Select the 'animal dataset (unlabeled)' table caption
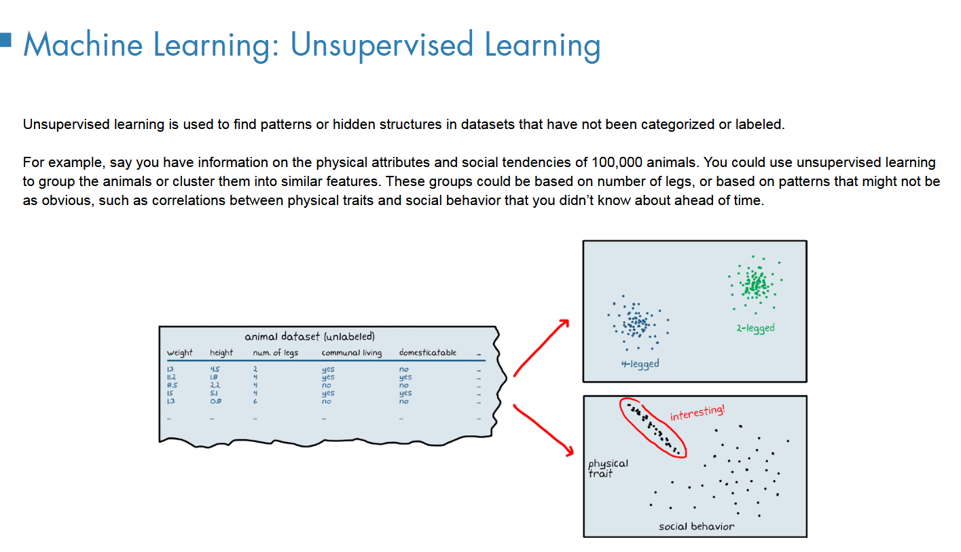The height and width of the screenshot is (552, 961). tap(310, 336)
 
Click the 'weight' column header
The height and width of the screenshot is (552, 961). tap(179, 353)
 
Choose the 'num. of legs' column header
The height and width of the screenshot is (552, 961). tap(275, 353)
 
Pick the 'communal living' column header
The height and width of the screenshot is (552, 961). tap(351, 353)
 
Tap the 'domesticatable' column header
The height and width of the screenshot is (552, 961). tap(428, 353)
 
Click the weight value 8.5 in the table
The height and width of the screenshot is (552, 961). tap(172, 385)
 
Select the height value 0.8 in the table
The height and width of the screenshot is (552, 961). tap(216, 401)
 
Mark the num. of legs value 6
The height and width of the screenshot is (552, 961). tap(255, 401)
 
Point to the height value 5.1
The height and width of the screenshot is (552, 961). tap(215, 393)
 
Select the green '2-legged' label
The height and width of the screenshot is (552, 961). tap(755, 328)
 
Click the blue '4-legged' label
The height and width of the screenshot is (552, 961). tap(639, 363)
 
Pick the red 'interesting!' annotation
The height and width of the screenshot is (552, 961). tap(697, 413)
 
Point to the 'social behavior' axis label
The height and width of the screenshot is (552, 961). tap(696, 526)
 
